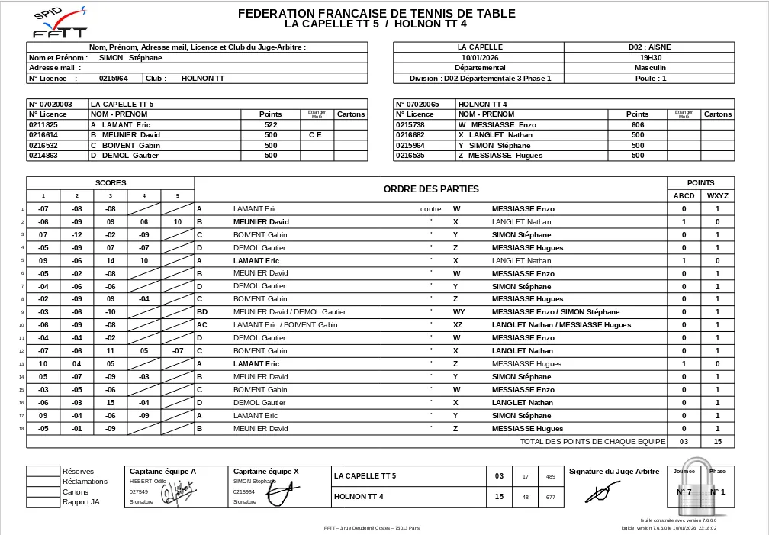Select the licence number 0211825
[43, 124]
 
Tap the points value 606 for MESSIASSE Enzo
[638, 124]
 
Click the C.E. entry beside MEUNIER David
[317, 135]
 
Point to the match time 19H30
[650, 57]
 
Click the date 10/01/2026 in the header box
[480, 57]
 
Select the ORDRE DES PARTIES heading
[431, 189]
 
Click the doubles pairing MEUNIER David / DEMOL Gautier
[289, 311]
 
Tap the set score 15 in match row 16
[111, 402]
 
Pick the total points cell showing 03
[684, 441]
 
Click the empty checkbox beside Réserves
[43, 471]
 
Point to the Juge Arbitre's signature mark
[599, 493]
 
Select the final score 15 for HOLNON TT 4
[500, 497]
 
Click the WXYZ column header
[717, 195]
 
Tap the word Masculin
[650, 67]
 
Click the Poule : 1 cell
[650, 78]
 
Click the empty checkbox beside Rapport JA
[43, 501]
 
